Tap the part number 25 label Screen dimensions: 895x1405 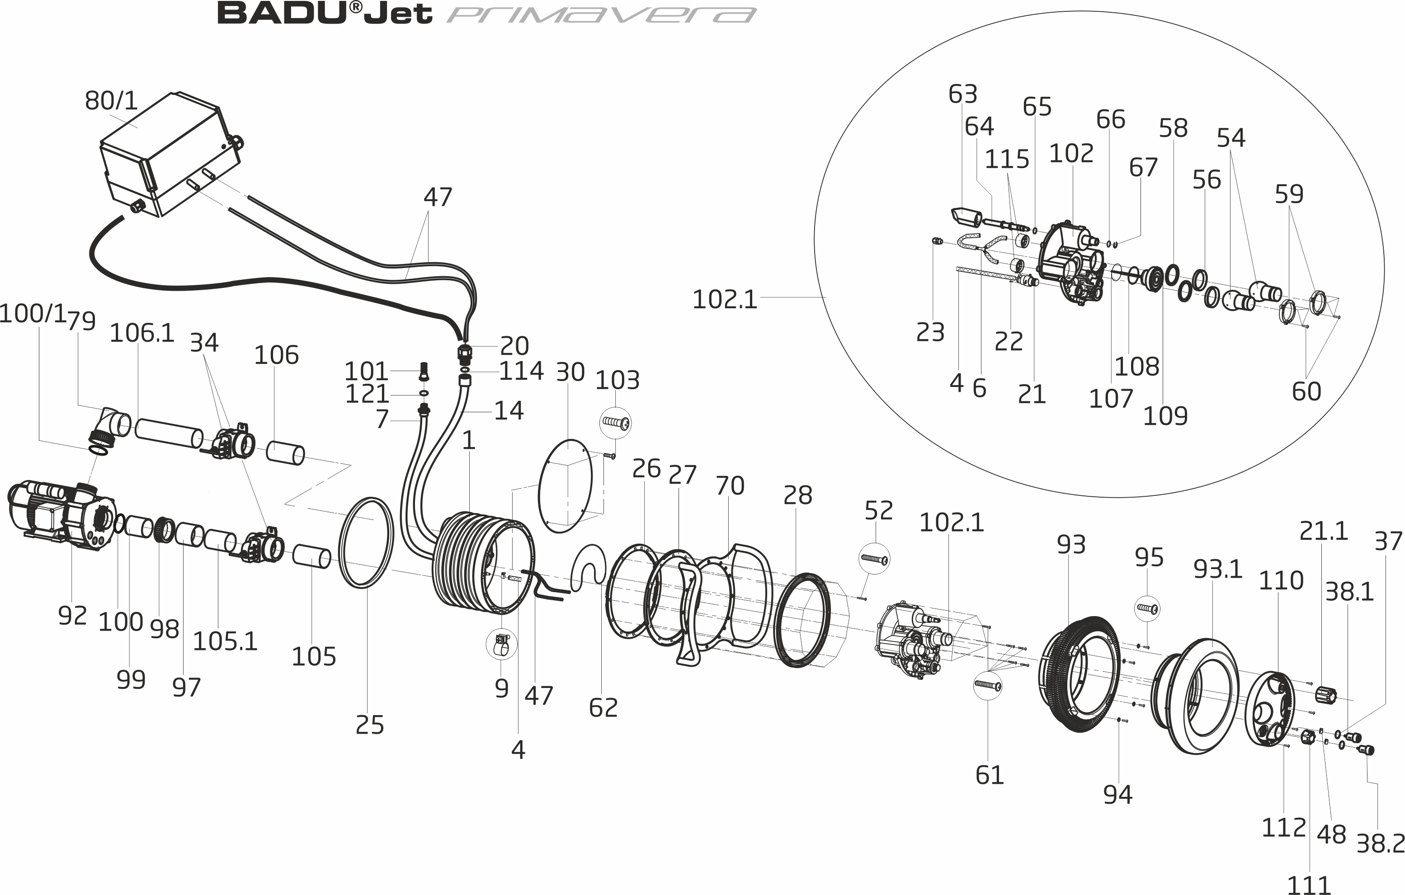[370, 725]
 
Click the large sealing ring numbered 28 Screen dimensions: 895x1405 [805, 620]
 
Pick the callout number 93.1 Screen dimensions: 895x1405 [1218, 569]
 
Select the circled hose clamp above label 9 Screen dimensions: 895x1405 [502, 644]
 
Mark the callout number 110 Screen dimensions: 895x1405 [1281, 580]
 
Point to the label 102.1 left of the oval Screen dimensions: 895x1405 [724, 300]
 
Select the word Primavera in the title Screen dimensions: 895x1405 [601, 14]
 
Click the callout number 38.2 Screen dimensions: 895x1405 [1379, 843]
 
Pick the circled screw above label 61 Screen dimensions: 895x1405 [988, 684]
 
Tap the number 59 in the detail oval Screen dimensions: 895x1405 [1289, 194]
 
